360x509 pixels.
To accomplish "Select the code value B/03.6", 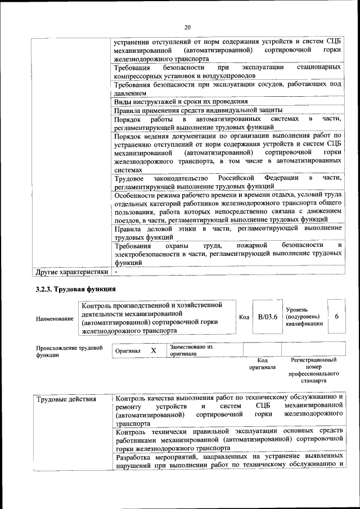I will [x=268, y=317].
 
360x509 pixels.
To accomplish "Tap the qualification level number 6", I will [x=336, y=317].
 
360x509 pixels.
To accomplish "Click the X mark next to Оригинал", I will [x=153, y=350].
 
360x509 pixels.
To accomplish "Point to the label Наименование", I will [x=55, y=319].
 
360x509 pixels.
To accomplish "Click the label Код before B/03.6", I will [x=244, y=317].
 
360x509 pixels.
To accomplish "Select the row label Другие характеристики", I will [x=71, y=272].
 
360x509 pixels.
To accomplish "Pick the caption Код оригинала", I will [x=262, y=363].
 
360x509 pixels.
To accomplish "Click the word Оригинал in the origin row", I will [x=128, y=350].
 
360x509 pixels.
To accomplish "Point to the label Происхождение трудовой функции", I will [x=69, y=351].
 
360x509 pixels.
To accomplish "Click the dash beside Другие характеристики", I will [x=115, y=272].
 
